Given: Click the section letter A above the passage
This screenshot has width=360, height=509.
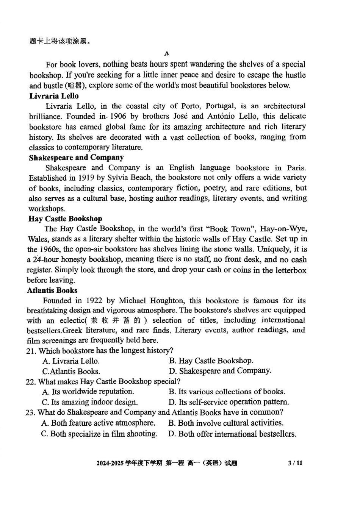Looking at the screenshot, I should pos(167,53).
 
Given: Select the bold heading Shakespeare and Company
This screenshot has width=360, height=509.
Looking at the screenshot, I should pos(76,158).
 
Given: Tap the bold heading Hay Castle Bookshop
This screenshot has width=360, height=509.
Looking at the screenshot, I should pos(65,219).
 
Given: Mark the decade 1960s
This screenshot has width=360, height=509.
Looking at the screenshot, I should pos(49,250).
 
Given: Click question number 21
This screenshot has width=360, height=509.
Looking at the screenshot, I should pos(31,351).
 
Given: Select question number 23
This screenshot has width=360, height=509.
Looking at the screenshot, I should pos(30,412).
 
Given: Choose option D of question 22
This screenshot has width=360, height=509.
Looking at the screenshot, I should pos(229,402).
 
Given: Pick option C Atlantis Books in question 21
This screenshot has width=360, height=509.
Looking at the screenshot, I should pos(71,371).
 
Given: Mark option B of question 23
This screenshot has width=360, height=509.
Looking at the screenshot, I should pos(226,423).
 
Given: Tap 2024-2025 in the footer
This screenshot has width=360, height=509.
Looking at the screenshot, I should pos(110,463).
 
